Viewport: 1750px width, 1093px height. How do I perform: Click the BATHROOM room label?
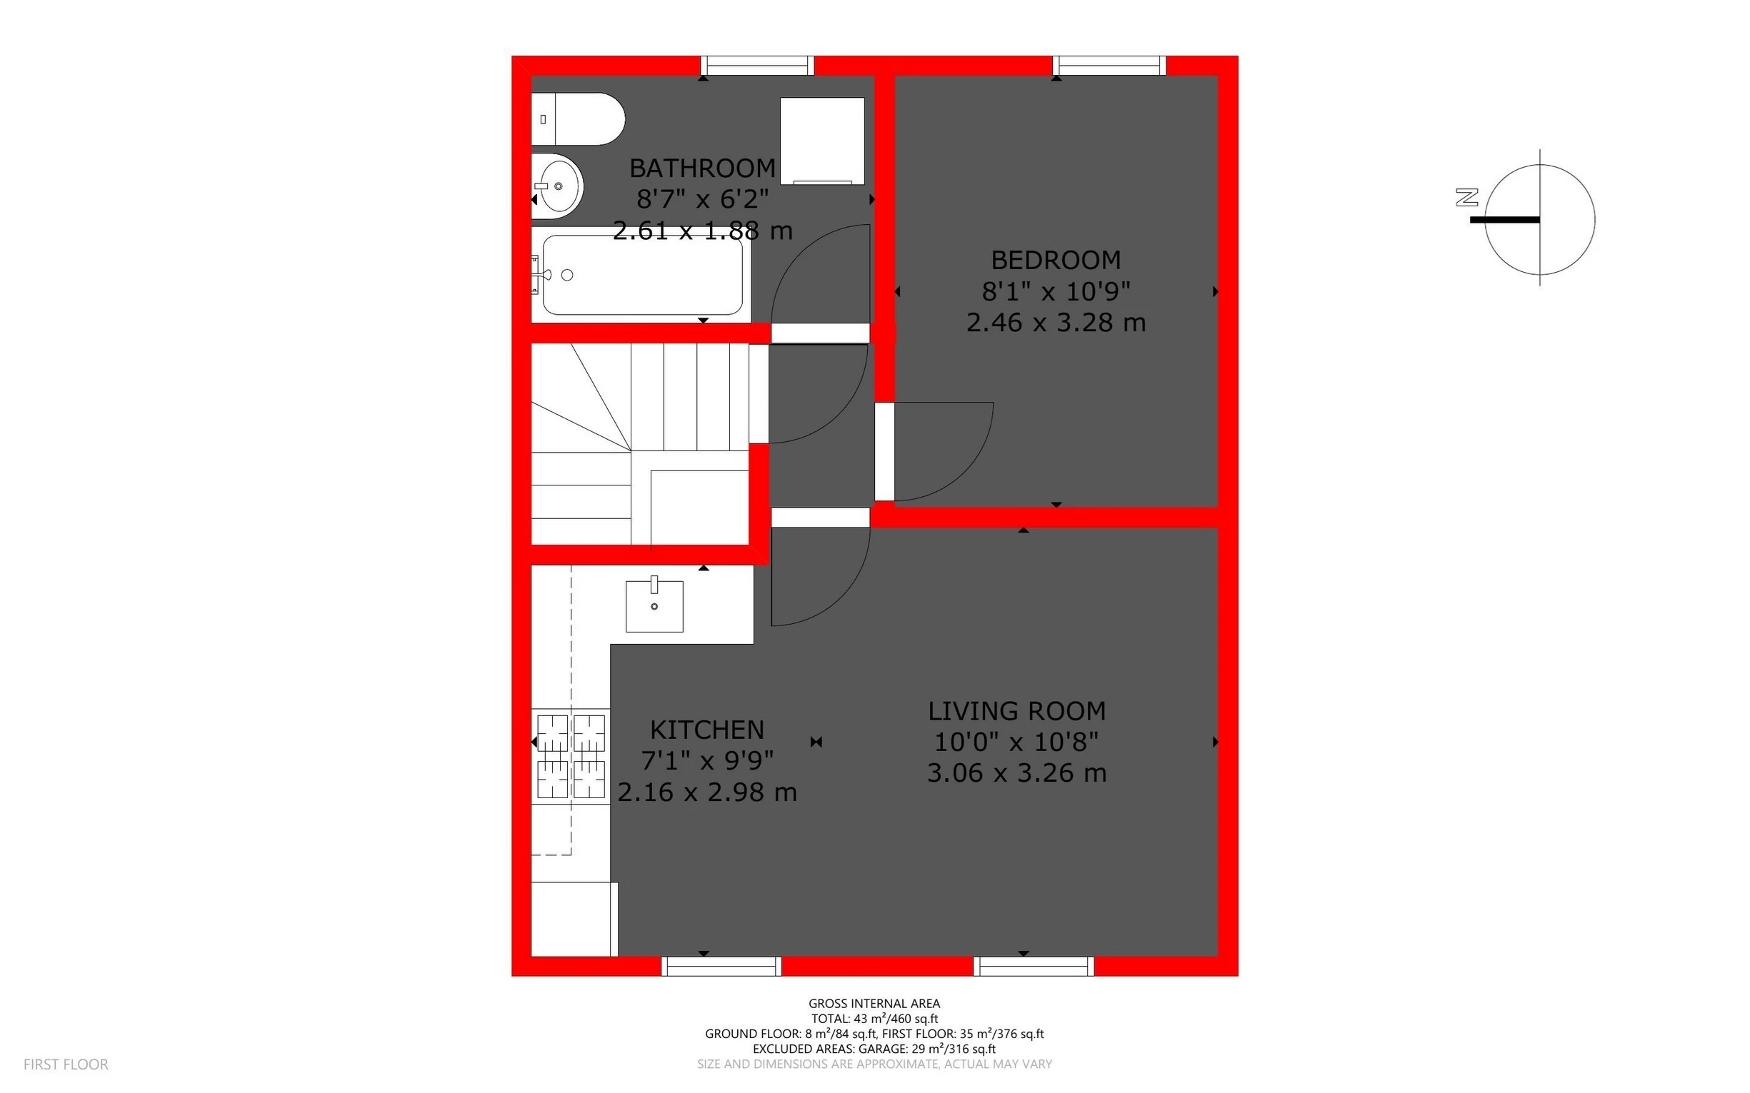tap(702, 168)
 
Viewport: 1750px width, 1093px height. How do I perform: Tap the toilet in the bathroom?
tap(578, 119)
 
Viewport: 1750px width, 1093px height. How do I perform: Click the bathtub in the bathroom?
tap(641, 275)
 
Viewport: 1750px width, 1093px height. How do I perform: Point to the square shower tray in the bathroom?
tap(822, 140)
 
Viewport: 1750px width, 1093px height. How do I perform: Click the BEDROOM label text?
tap(1056, 260)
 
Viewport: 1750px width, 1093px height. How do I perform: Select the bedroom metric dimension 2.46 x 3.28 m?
tap(1056, 323)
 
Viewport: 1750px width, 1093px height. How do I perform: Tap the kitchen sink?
tap(654, 606)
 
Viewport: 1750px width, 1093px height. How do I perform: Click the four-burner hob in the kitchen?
tap(571, 756)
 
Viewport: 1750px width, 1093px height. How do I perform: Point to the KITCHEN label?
tap(706, 730)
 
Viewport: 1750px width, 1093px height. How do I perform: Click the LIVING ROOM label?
tap(1016, 711)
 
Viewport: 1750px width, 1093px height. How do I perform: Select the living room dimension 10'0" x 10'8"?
tap(1016, 742)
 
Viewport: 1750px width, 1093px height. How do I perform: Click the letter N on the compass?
tap(1467, 197)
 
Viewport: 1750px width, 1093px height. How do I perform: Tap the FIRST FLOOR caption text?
tap(66, 1064)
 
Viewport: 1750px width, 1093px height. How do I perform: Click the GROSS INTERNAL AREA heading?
tap(874, 1003)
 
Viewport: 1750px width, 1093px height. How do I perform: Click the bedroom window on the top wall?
tap(1109, 66)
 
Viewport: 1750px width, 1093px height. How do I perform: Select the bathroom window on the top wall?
tap(757, 66)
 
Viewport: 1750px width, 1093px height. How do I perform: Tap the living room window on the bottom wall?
tap(1034, 966)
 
